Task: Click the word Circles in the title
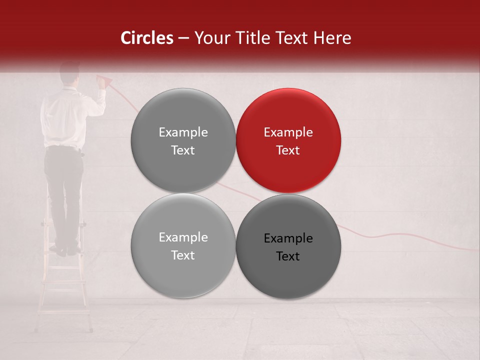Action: (146, 38)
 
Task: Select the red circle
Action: (288, 140)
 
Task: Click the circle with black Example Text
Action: (288, 246)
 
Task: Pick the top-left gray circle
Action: (183, 140)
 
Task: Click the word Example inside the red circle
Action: (288, 132)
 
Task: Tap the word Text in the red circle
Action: (288, 150)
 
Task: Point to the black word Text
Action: (288, 256)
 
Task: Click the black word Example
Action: (288, 238)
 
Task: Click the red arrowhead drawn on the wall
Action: (104, 79)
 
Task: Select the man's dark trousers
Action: (63, 190)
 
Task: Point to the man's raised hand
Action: (101, 85)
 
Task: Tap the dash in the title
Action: (183, 38)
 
